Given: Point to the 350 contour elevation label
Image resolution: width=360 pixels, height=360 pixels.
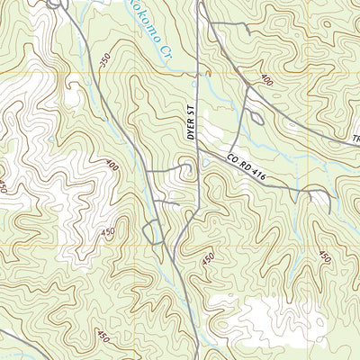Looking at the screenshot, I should (106, 59).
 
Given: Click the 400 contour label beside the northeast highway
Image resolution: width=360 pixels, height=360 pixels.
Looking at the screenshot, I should (265, 80).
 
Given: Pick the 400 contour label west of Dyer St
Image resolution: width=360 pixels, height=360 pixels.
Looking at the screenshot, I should (111, 166).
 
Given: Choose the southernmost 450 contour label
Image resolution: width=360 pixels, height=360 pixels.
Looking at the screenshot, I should (103, 337).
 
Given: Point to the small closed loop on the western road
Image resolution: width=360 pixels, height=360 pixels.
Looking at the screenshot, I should (153, 232).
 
